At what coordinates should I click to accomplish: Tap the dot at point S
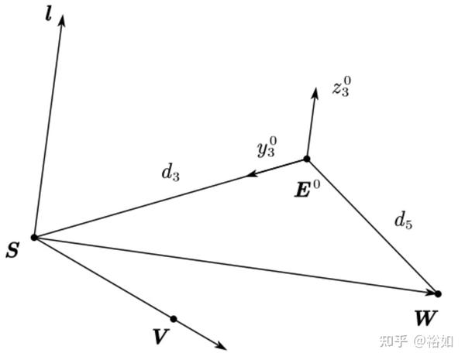coord(34,237)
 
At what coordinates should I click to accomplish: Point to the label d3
coord(170,173)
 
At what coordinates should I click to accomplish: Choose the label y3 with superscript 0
coord(267,147)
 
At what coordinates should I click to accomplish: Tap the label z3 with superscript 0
coord(341,87)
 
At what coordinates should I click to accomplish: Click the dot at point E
coord(307,159)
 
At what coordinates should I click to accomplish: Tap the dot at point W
coord(438,294)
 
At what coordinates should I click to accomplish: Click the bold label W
coord(425,317)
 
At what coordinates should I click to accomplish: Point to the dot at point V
coord(174,319)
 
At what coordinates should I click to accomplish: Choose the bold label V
coord(160,337)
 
